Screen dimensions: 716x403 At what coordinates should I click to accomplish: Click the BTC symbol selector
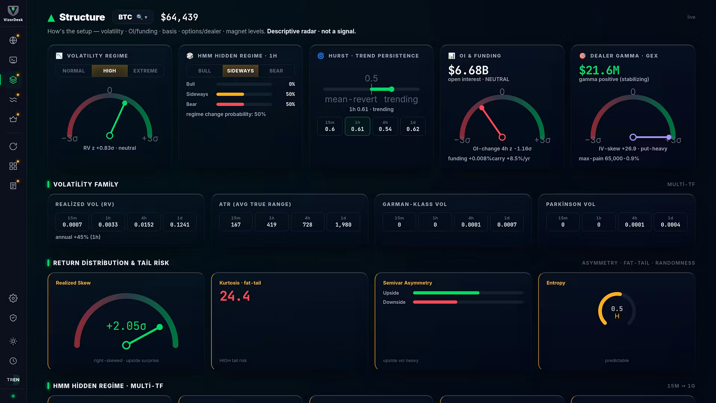click(x=132, y=17)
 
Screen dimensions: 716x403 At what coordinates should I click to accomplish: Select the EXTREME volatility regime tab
click(x=145, y=71)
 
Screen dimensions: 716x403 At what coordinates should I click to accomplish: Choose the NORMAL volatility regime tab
click(x=74, y=71)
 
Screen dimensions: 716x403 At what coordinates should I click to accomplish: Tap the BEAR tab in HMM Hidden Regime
click(x=276, y=71)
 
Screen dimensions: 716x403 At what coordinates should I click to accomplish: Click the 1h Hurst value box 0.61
click(x=357, y=126)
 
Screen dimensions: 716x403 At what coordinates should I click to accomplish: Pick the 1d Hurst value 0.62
click(x=413, y=126)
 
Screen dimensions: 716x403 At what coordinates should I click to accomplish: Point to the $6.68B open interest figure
click(x=468, y=70)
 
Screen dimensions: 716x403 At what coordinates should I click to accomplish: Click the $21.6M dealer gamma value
click(x=599, y=70)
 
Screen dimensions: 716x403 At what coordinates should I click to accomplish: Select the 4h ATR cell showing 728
click(x=307, y=222)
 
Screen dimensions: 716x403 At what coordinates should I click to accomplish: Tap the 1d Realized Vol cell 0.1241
click(x=180, y=222)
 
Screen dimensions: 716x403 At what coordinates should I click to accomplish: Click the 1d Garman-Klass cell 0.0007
click(x=507, y=222)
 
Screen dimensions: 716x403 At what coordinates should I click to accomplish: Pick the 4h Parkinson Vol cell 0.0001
click(x=634, y=222)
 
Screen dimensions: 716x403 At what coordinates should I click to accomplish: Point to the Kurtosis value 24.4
click(x=235, y=296)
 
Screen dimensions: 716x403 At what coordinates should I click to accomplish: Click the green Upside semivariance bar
click(x=446, y=293)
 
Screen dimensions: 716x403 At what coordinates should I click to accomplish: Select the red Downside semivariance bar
click(x=435, y=302)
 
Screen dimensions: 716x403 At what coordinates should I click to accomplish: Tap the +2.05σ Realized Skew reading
click(x=126, y=326)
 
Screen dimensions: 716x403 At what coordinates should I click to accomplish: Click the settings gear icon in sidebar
click(x=13, y=298)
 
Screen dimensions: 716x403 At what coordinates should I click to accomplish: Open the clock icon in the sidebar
click(x=13, y=361)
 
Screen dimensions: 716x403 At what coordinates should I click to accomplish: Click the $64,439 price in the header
click(x=179, y=17)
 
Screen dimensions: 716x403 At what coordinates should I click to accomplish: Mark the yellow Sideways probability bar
click(x=230, y=94)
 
